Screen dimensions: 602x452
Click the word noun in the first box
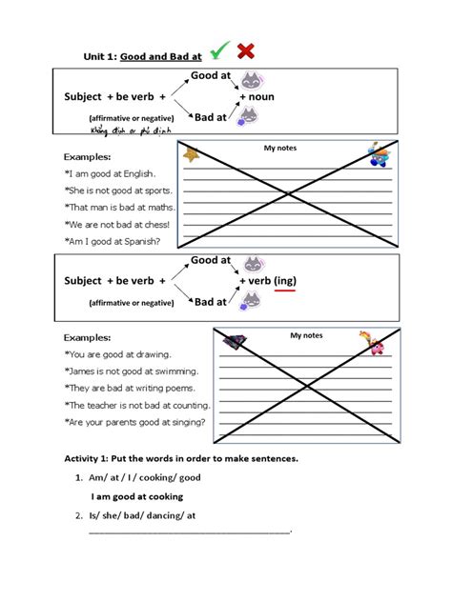coord(262,97)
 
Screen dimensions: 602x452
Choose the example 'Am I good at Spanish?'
coord(113,241)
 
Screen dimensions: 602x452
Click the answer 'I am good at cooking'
coord(137,496)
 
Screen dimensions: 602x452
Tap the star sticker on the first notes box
coord(191,154)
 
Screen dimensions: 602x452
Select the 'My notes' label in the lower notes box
coord(307,335)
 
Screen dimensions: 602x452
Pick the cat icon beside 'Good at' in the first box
coord(252,81)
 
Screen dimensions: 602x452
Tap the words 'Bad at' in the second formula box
coord(210,302)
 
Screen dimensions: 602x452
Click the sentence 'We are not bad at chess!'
coord(117,225)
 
